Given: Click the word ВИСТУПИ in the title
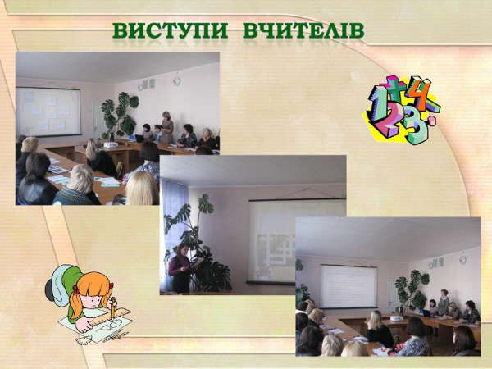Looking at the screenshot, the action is (170, 30).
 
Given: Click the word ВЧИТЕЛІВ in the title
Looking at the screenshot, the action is (303, 30).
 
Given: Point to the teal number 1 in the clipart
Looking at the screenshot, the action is (380, 103).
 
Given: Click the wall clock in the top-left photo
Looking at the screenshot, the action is (176, 80).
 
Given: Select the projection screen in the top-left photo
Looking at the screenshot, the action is (48, 112).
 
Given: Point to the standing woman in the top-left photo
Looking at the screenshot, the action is (167, 127).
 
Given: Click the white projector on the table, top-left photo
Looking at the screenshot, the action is (111, 144).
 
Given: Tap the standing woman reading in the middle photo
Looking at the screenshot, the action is (181, 268).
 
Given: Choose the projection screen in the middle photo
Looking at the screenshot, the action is (297, 241).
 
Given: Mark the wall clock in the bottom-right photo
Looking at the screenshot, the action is (462, 260).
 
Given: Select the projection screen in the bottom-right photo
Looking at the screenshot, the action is (348, 286).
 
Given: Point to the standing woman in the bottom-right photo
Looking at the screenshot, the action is (444, 302).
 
